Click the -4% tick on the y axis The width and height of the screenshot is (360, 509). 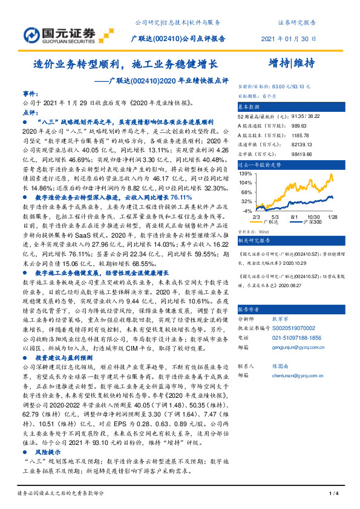pyautogui.click(x=246, y=210)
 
